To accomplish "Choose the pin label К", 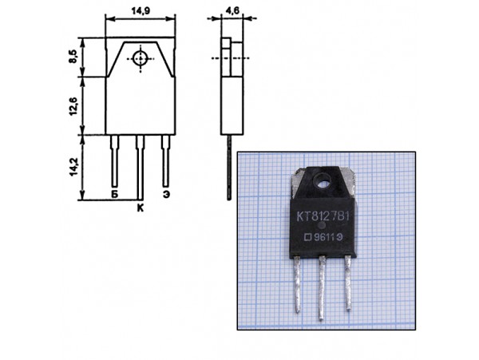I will (x=140, y=208).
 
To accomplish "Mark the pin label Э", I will (x=166, y=194).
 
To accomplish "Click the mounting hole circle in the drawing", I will (x=141, y=57).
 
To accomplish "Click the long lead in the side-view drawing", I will (x=229, y=168).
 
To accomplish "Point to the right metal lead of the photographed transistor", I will (x=349, y=283).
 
